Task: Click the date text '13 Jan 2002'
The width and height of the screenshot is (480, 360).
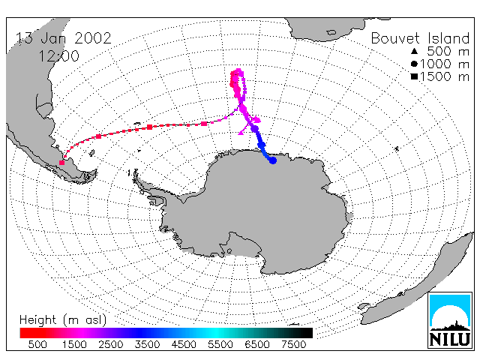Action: [x=63, y=38]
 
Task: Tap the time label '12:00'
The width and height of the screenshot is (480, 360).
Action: [x=58, y=56]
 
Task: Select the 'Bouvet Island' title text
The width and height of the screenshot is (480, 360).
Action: [x=420, y=38]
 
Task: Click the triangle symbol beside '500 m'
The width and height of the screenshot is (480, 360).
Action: [x=414, y=51]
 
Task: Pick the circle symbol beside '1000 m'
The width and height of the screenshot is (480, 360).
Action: [x=414, y=64]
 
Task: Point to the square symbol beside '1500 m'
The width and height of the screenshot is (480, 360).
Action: [x=414, y=76]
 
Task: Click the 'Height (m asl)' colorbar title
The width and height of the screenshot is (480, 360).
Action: [x=63, y=320]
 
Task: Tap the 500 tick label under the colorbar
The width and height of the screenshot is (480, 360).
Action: [x=37, y=344]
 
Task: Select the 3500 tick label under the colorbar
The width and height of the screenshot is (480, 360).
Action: [x=147, y=344]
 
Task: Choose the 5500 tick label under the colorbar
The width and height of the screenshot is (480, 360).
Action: [x=220, y=344]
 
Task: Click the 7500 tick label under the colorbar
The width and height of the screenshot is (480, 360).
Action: [x=293, y=344]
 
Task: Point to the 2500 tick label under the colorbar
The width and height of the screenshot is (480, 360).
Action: [x=110, y=344]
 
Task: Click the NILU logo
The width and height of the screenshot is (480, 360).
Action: [x=450, y=320]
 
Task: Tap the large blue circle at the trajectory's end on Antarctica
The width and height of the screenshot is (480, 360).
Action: [x=273, y=160]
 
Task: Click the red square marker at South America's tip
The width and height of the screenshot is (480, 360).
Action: [x=61, y=163]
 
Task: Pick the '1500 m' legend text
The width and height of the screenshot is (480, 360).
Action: [x=445, y=76]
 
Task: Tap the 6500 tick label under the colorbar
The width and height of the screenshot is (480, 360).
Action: [x=257, y=344]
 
